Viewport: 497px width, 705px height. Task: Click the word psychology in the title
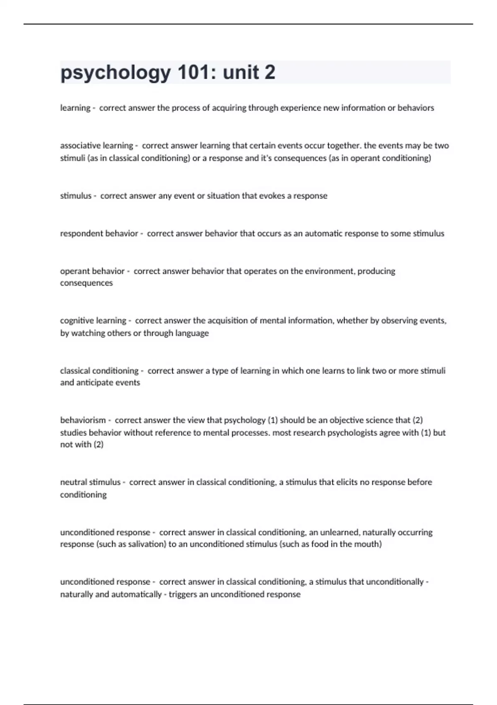[x=116, y=73]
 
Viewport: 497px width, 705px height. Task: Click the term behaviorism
[x=83, y=420]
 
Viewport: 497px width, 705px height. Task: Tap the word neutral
[x=74, y=482]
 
